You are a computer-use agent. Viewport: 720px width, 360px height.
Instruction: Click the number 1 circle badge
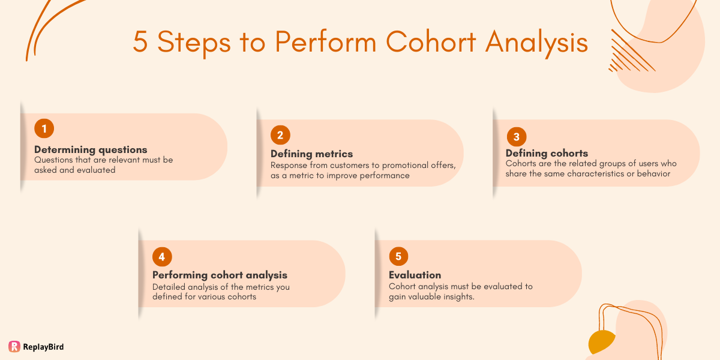(x=44, y=128)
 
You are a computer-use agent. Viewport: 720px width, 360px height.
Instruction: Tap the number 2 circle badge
(x=280, y=134)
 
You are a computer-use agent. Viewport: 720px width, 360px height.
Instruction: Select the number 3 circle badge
(x=516, y=136)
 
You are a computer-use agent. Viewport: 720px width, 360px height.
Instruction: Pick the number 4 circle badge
(x=162, y=257)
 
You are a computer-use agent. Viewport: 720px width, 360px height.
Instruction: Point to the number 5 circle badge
(x=398, y=257)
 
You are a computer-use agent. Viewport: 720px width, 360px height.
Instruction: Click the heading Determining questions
(x=91, y=149)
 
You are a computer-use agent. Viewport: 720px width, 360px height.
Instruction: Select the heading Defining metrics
(x=311, y=154)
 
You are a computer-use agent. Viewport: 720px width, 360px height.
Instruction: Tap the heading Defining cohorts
(x=547, y=153)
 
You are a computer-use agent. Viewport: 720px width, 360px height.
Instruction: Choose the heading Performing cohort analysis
(x=220, y=275)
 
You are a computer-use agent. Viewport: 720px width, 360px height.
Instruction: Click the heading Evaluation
(x=415, y=275)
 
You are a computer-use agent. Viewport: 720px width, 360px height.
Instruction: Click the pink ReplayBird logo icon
(x=14, y=346)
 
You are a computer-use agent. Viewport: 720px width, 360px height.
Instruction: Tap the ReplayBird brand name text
(x=43, y=347)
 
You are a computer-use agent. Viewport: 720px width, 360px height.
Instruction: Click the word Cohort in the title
(x=431, y=43)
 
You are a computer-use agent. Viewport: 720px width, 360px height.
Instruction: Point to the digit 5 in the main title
(x=140, y=43)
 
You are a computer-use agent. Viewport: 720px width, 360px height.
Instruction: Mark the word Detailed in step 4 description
(x=170, y=287)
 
